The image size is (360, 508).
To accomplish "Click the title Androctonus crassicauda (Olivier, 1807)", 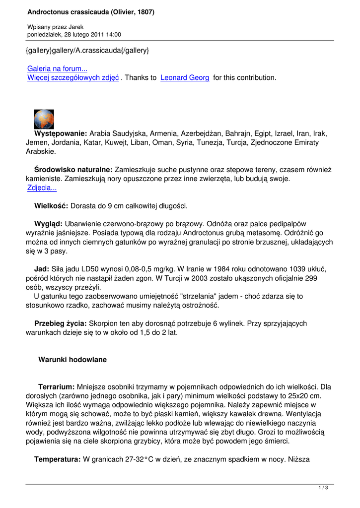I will coord(91,12).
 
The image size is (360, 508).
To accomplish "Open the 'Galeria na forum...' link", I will coord(57,69).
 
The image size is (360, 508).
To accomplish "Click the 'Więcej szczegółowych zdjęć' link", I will coord(73,77).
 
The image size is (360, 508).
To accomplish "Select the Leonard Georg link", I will coord(185,77).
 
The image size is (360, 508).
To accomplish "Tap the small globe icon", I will coord(44,119).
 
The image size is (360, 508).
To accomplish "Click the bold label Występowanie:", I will coord(61,133).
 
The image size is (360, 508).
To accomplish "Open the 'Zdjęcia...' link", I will coord(42,188).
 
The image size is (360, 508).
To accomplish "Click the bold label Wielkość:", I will coord(52,205).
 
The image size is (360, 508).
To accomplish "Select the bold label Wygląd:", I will coord(48,224).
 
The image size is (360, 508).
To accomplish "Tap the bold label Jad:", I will coord(41,269).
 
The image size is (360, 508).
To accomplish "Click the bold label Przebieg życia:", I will coord(60,323).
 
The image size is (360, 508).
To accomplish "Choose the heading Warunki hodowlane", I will coord(72,359).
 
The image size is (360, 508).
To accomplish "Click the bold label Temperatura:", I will coord(57,460).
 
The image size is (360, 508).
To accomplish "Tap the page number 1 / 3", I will coord(323,488).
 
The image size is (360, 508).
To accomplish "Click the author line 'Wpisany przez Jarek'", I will coord(56,27).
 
